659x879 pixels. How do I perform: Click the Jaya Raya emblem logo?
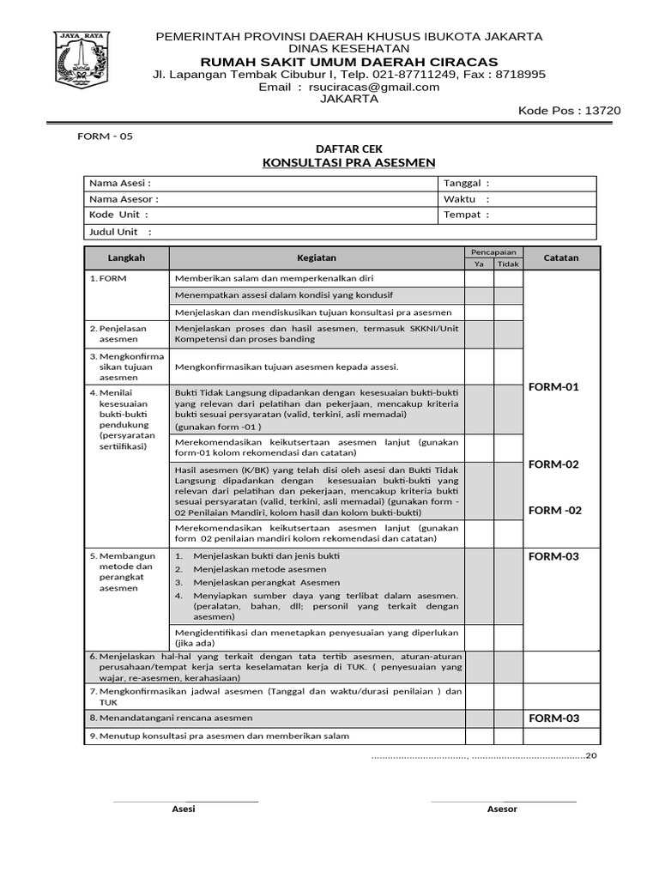[x=82, y=58]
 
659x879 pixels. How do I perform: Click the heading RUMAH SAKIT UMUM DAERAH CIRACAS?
[x=348, y=62]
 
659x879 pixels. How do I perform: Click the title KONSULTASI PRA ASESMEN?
[x=348, y=162]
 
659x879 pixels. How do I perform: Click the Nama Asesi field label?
[x=120, y=184]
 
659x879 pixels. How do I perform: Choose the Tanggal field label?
[x=466, y=184]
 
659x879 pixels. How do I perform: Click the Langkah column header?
[x=126, y=258]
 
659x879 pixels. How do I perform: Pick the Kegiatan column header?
[x=317, y=258]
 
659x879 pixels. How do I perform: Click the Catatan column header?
[x=561, y=258]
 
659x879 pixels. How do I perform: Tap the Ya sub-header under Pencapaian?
[x=479, y=264]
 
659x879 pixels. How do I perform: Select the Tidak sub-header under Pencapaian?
[x=508, y=264]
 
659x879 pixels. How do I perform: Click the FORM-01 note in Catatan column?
[x=553, y=387]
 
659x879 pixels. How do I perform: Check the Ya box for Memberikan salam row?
[x=479, y=279]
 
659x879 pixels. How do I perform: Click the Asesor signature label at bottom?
[x=502, y=809]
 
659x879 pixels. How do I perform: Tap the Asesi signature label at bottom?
[x=184, y=809]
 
